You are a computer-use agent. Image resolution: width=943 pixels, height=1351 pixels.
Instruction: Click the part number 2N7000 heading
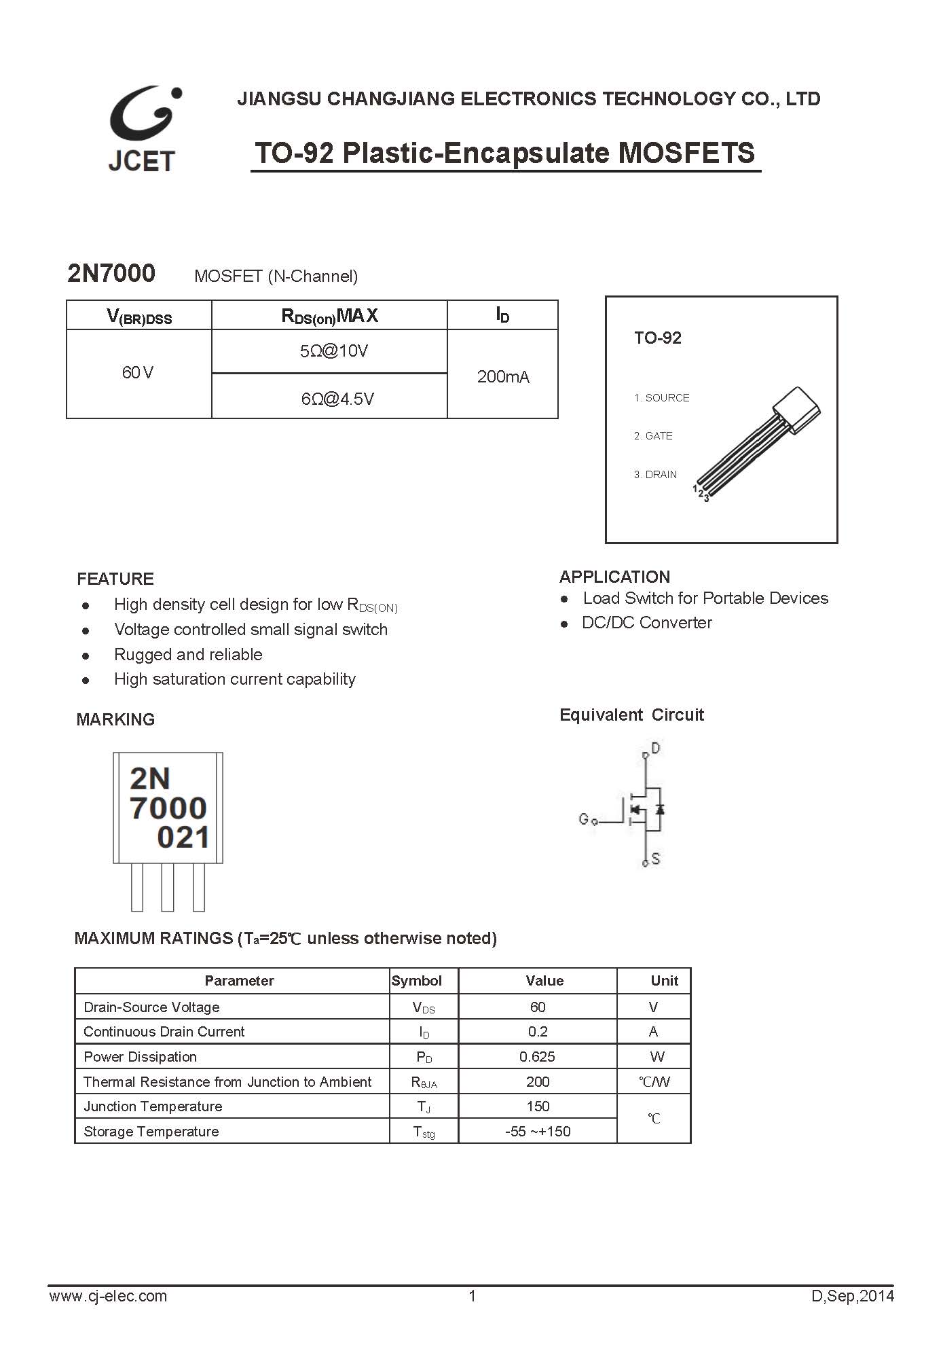[x=111, y=273]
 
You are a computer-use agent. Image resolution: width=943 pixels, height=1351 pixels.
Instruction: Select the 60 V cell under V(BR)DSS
[x=138, y=372]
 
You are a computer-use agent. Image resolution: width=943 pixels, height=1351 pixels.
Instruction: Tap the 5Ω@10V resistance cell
[x=333, y=350]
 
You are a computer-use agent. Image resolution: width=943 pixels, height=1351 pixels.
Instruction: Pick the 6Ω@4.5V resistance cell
[x=337, y=399]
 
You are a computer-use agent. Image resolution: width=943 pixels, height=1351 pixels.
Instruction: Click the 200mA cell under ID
[x=502, y=376]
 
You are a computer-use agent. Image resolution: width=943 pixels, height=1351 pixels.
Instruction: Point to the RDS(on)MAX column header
[x=329, y=315]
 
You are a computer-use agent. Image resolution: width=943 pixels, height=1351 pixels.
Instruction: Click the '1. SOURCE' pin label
[x=661, y=397]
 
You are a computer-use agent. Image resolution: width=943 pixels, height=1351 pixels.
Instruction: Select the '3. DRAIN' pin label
[x=655, y=474]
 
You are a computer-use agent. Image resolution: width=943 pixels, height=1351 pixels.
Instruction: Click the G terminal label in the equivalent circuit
[x=583, y=819]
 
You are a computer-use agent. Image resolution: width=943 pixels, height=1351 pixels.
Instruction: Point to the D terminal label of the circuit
[x=655, y=748]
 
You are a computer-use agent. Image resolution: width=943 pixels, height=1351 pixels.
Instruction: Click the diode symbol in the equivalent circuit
[x=659, y=809]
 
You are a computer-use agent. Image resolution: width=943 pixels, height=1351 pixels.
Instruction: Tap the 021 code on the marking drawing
[x=183, y=837]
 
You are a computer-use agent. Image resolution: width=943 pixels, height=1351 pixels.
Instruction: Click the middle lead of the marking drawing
[x=168, y=886]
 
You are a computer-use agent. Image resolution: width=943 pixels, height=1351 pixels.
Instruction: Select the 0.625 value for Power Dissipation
[x=537, y=1056]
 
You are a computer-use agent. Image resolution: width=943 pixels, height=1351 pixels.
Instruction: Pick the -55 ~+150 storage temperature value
[x=537, y=1131]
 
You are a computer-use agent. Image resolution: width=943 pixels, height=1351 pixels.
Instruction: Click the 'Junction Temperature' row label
[x=153, y=1106]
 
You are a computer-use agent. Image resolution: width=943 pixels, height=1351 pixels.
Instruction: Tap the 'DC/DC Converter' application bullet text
[x=646, y=622]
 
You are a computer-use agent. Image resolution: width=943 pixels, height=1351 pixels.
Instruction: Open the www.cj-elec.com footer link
[x=108, y=1295]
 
